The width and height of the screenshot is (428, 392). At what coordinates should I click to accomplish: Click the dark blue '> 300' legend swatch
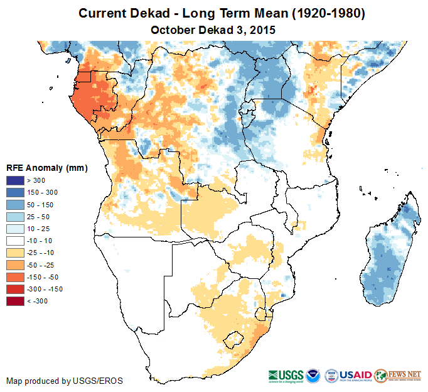(16, 181)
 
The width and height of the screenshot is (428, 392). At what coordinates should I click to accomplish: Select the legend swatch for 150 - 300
(16, 193)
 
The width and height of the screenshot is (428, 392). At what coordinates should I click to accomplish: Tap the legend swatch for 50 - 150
(16, 205)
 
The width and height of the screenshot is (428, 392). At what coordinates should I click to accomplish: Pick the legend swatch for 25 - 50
(16, 217)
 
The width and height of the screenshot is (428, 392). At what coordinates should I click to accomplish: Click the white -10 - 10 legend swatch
(16, 241)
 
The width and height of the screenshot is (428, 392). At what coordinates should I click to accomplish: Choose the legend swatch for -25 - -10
(16, 253)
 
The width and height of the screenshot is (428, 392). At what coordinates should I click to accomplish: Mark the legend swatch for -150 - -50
(16, 277)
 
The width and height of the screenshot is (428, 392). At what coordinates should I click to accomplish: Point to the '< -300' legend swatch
(16, 301)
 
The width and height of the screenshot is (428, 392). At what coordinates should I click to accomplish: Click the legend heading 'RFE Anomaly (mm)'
(46, 168)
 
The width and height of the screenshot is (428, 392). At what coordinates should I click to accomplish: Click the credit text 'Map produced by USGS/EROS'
(65, 381)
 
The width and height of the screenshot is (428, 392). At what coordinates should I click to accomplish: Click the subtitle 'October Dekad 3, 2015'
(214, 30)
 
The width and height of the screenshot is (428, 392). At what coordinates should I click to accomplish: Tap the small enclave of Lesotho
(235, 339)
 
